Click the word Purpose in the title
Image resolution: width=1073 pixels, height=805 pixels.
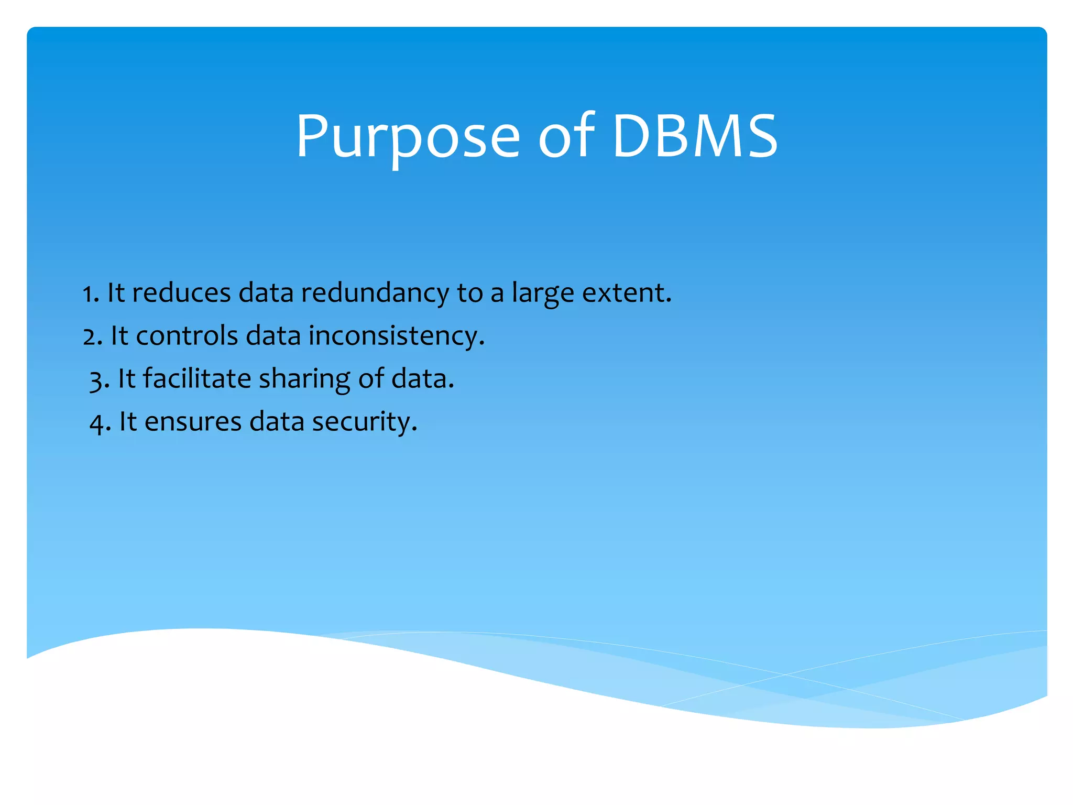coord(408,137)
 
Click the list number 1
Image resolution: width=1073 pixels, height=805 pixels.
coord(89,293)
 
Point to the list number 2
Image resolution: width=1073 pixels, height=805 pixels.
coord(91,336)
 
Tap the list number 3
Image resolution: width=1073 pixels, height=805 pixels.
coord(98,379)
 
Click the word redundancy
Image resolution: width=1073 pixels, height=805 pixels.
coord(375,293)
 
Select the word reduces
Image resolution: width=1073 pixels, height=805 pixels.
coord(181,293)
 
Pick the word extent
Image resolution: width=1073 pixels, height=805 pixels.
coord(626,293)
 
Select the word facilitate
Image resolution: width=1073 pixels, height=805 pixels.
coord(197,379)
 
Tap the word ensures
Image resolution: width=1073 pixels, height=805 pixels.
coord(193,422)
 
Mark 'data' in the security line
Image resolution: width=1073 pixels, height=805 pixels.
coord(277,422)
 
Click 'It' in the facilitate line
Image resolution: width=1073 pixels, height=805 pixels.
coord(126,379)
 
